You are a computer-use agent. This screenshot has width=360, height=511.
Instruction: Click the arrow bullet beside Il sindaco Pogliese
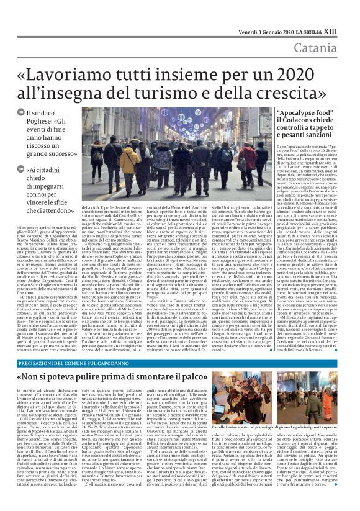(x=22, y=112)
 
